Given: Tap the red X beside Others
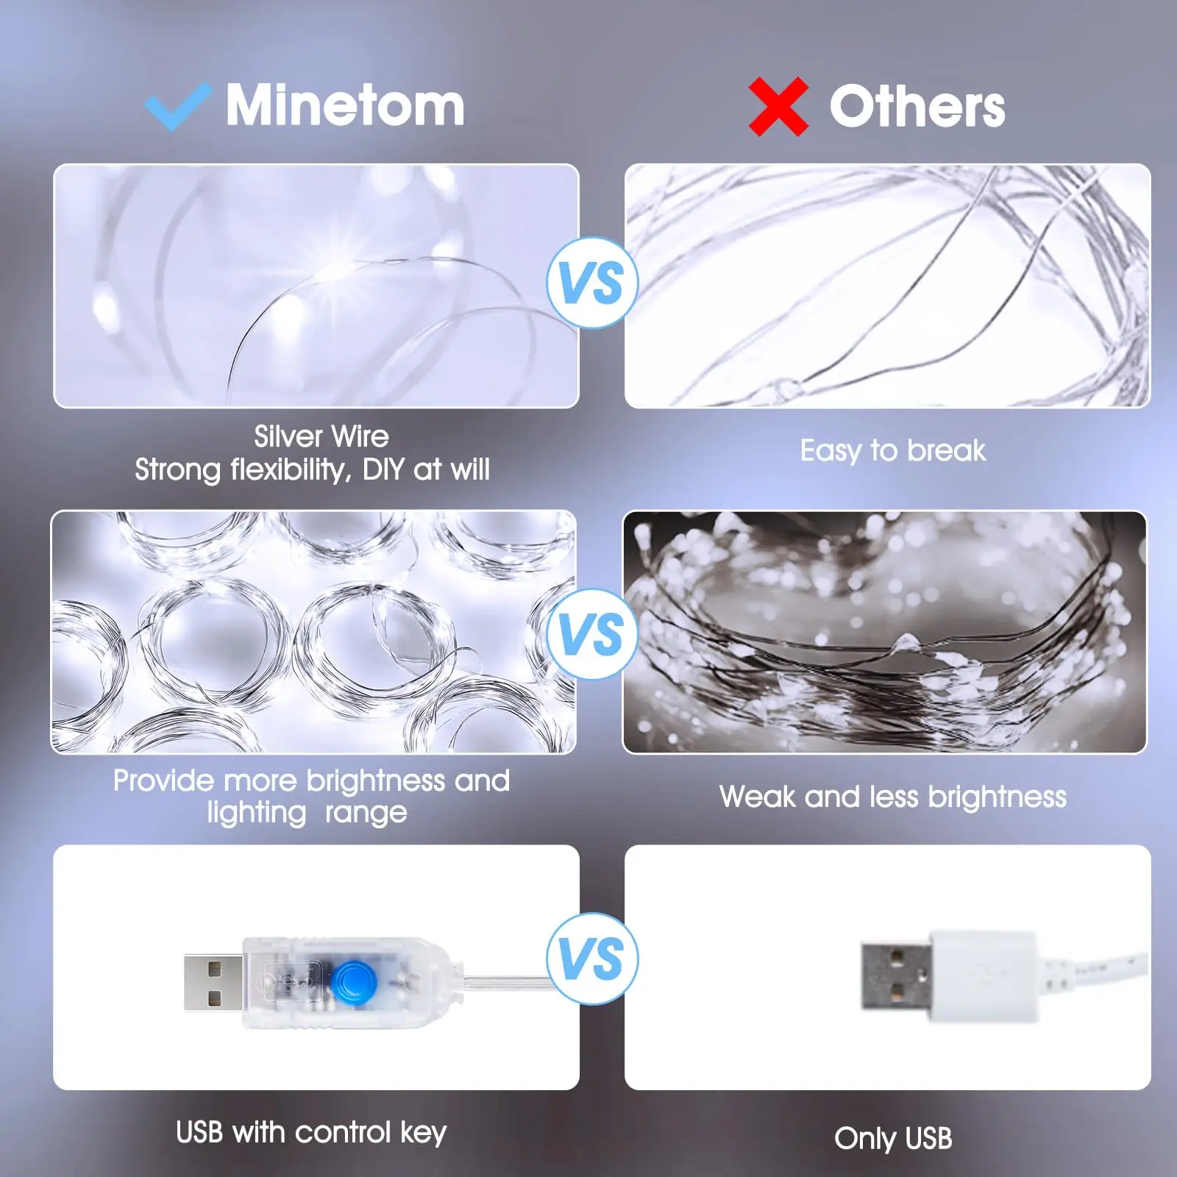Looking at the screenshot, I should pyautogui.click(x=778, y=107).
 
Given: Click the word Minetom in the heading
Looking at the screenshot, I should pyautogui.click(x=345, y=105).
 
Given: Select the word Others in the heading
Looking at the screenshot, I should pyautogui.click(x=917, y=107).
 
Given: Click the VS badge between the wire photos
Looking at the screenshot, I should pyautogui.click(x=591, y=283).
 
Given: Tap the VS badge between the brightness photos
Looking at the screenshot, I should pyautogui.click(x=591, y=634).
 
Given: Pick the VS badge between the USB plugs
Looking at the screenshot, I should pyautogui.click(x=591, y=959).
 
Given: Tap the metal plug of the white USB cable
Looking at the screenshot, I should pyautogui.click(x=895, y=976).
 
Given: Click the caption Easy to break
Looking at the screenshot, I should pyautogui.click(x=892, y=450).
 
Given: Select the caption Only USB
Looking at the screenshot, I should pyautogui.click(x=892, y=1138).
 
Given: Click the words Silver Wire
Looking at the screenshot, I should pyautogui.click(x=321, y=436).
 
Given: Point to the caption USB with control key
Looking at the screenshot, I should pyautogui.click(x=311, y=1132).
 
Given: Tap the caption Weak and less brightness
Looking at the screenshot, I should pyautogui.click(x=892, y=797).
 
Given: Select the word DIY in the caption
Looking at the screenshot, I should pyautogui.click(x=383, y=469).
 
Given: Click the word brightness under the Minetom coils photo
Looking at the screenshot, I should pyautogui.click(x=376, y=780).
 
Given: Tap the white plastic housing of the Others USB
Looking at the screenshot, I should pyautogui.click(x=983, y=975).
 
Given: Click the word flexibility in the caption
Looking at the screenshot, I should pyautogui.click(x=291, y=469).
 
